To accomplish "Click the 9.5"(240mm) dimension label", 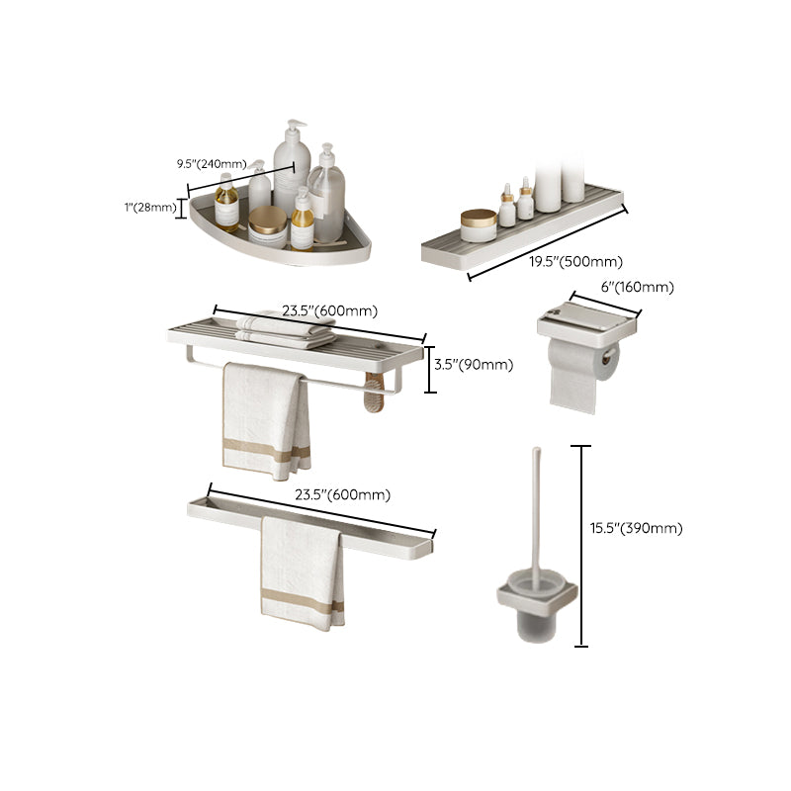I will (x=212, y=164).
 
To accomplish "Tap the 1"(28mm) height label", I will (x=151, y=207).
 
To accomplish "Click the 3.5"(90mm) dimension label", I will (x=475, y=364).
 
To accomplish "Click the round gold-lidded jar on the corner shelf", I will (x=267, y=224).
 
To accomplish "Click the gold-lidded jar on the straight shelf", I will (x=479, y=224).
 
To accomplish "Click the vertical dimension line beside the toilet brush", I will (x=581, y=545).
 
